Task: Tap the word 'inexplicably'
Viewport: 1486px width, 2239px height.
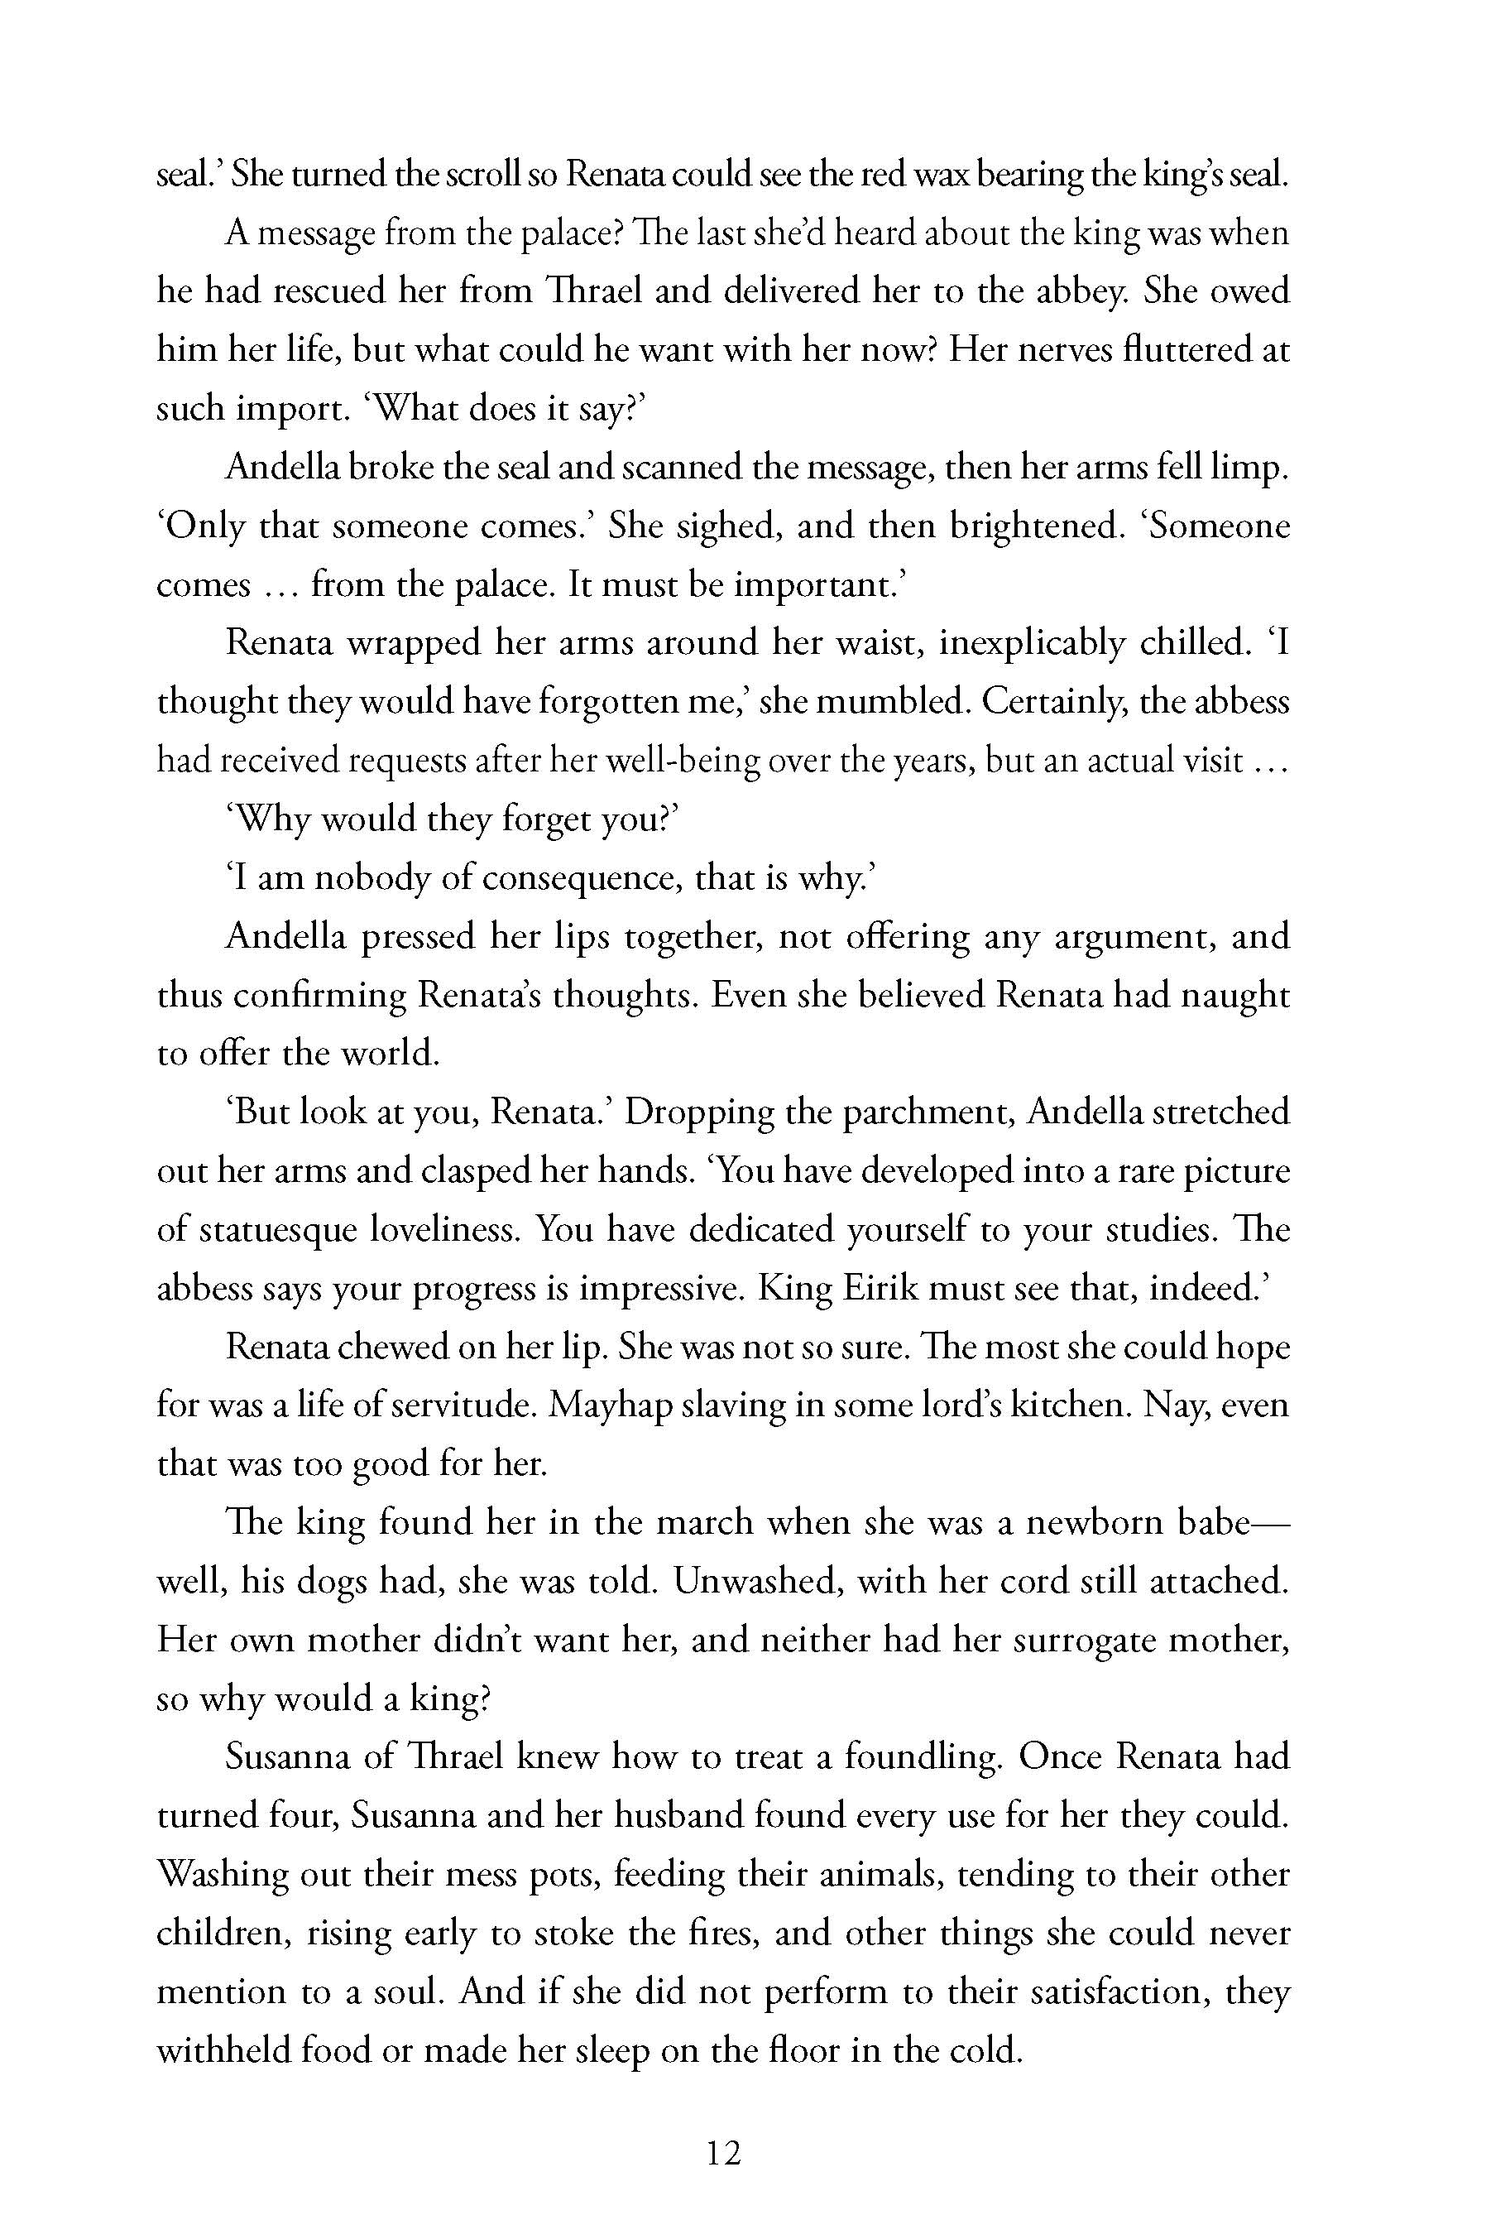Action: point(1031,644)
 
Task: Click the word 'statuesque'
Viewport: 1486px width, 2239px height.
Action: point(270,1229)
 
